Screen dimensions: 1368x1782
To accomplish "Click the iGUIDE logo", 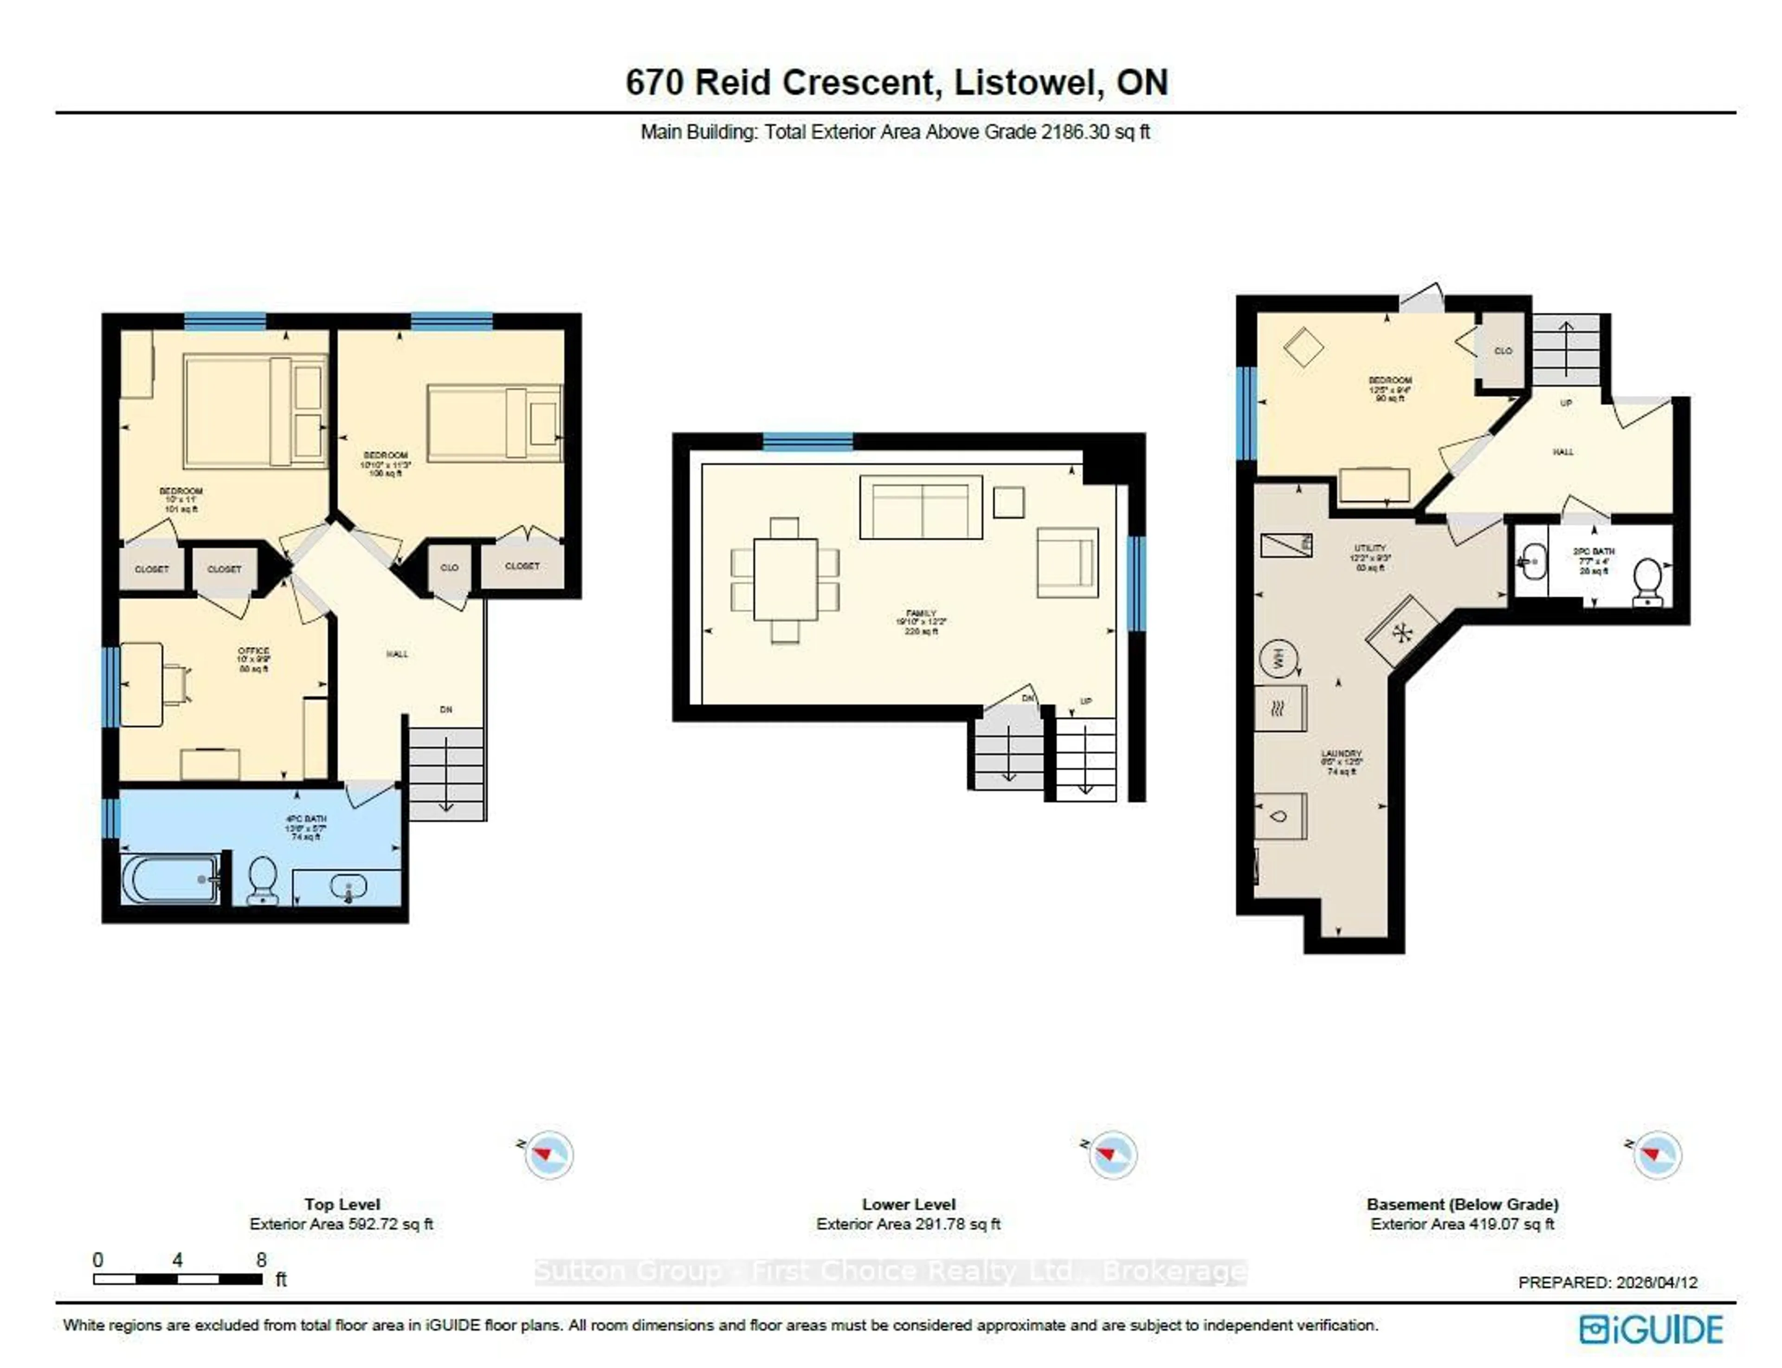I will (1650, 1330).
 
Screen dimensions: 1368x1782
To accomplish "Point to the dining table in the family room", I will (784, 580).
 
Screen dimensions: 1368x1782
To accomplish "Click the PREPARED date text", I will (1607, 1283).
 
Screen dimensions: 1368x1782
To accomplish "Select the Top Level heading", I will (342, 1204).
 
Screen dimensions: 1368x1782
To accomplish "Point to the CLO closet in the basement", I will (1503, 351).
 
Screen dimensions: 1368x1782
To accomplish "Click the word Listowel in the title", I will (1028, 82).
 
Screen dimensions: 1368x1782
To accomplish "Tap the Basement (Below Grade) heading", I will (1462, 1204).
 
